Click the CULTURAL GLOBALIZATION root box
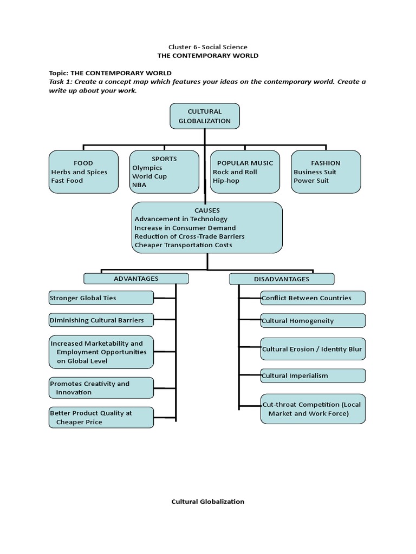click(x=205, y=116)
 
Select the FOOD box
click(x=83, y=172)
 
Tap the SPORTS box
click(x=164, y=172)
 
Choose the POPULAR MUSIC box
click(x=245, y=172)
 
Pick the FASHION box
click(x=326, y=172)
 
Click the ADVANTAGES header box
click(x=136, y=279)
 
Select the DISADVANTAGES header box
click(x=281, y=279)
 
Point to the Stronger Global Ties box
click(x=101, y=298)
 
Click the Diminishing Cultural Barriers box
click(x=101, y=320)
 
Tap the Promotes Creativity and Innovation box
click(x=101, y=388)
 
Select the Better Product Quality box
click(x=101, y=418)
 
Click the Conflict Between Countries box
click(x=313, y=298)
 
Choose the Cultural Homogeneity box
click(x=313, y=321)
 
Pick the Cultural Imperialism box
click(x=313, y=376)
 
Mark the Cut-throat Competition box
click(x=313, y=409)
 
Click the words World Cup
click(x=149, y=176)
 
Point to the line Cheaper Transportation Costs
click(x=183, y=245)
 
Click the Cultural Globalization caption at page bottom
click(x=207, y=502)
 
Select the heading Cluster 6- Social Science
click(x=207, y=47)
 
